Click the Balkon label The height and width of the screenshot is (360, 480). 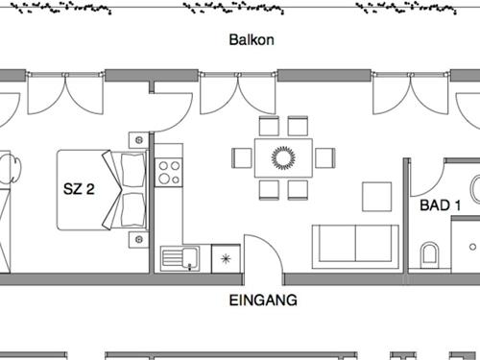click(252, 40)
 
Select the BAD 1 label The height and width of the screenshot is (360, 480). click(441, 204)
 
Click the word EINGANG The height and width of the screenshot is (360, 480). click(263, 300)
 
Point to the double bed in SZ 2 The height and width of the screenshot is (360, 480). click(96, 189)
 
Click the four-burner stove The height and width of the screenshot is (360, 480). click(169, 173)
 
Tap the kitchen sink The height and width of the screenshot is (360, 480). click(180, 257)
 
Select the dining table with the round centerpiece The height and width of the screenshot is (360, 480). click(283, 157)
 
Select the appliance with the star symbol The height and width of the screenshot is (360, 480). click(226, 257)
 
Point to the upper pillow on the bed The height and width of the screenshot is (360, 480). click(127, 170)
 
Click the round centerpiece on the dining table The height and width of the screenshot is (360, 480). click(283, 156)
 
